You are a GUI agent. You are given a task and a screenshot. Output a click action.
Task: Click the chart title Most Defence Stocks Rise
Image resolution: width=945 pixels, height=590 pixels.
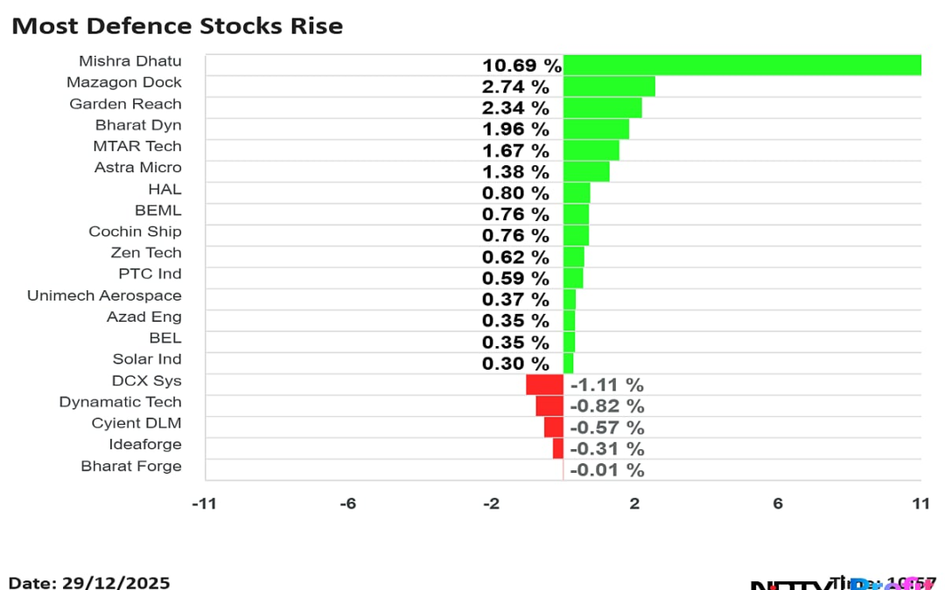pyautogui.click(x=177, y=25)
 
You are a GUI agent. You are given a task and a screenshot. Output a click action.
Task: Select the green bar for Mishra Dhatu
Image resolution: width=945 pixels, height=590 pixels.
pyautogui.click(x=742, y=65)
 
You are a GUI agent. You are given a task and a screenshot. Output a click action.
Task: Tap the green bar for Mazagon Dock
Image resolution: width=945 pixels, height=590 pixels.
pyautogui.click(x=609, y=86)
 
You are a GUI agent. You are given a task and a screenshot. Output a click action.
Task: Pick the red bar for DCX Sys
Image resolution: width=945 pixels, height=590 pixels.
pyautogui.click(x=544, y=385)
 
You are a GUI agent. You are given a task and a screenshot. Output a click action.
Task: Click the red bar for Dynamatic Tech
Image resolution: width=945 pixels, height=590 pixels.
pyautogui.click(x=549, y=406)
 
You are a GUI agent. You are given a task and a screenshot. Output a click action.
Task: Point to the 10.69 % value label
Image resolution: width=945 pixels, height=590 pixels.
pyautogui.click(x=521, y=66)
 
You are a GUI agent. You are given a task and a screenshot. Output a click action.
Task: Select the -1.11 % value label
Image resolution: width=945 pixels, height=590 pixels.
pyautogui.click(x=607, y=385)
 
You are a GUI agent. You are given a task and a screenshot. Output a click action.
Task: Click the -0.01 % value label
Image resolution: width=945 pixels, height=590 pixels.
pyautogui.click(x=607, y=470)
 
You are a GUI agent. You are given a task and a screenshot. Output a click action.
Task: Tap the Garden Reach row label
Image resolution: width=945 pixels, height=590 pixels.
pyautogui.click(x=126, y=104)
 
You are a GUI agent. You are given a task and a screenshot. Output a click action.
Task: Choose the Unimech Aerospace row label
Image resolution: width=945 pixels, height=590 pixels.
pyautogui.click(x=104, y=296)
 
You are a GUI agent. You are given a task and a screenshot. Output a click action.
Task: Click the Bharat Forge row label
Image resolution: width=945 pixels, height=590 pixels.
pyautogui.click(x=131, y=466)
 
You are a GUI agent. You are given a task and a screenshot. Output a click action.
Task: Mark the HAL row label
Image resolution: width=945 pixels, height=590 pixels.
pyautogui.click(x=164, y=189)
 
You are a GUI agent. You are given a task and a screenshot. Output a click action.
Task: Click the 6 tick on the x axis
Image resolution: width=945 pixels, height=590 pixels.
pyautogui.click(x=777, y=503)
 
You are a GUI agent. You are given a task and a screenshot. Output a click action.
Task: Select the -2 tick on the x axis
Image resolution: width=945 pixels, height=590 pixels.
pyautogui.click(x=491, y=503)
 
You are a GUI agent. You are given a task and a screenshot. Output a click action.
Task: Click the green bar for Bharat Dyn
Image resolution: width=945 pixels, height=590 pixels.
pyautogui.click(x=596, y=128)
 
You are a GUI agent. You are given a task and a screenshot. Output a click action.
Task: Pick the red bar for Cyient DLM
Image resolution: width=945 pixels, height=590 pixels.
pyautogui.click(x=554, y=427)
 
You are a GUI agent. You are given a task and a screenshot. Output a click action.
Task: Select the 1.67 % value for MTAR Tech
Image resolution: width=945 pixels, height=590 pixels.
pyautogui.click(x=515, y=150)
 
